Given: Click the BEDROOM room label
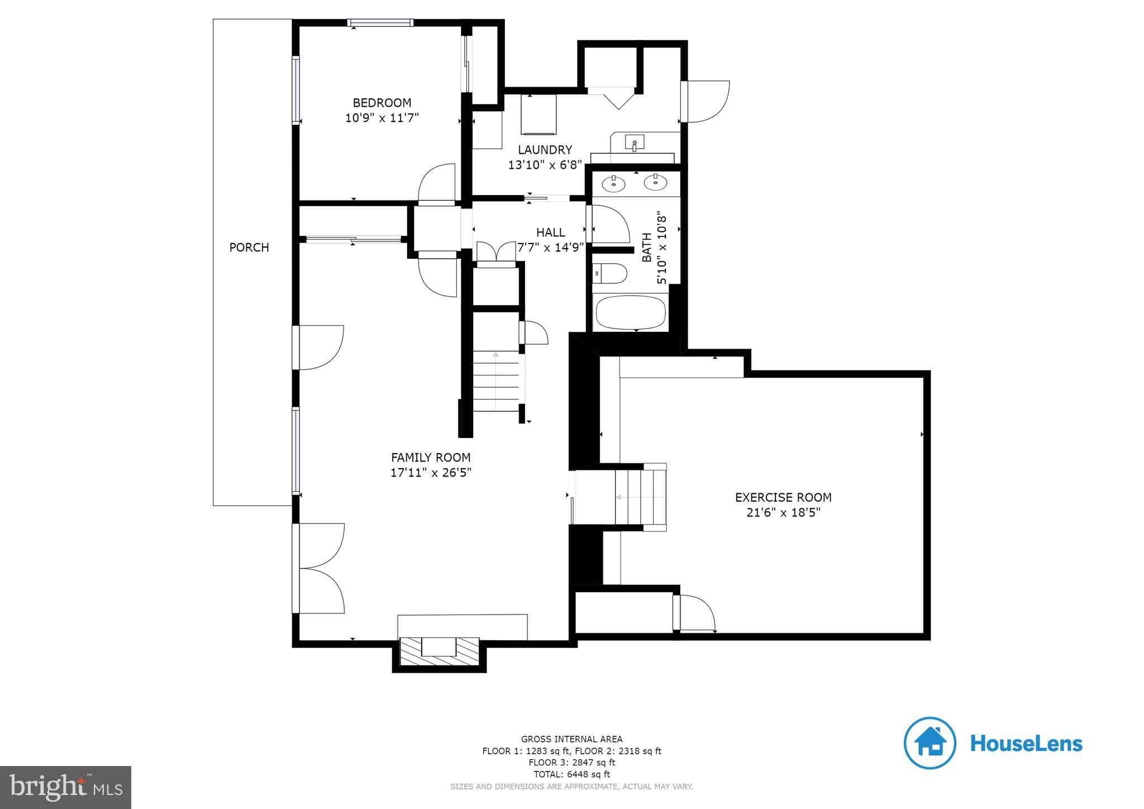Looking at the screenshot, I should click(382, 103).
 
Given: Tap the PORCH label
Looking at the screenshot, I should click(249, 247).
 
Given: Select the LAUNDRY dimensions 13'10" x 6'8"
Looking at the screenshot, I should click(545, 165).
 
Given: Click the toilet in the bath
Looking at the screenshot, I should click(610, 274).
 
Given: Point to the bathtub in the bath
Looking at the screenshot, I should click(631, 313).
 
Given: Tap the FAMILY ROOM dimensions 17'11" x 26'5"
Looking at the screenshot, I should click(431, 473).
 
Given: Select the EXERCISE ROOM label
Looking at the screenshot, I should click(783, 497).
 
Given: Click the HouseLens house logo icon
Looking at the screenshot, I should click(929, 743).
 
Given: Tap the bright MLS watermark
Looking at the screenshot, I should click(66, 787).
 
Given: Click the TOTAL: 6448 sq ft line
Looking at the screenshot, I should click(571, 774).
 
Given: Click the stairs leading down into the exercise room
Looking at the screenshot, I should click(640, 497).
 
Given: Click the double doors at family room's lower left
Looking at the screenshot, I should click(318, 569).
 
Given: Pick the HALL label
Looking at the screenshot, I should click(551, 232).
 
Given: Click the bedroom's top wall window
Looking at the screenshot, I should click(380, 23).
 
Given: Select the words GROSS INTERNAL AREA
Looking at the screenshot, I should click(571, 739).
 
